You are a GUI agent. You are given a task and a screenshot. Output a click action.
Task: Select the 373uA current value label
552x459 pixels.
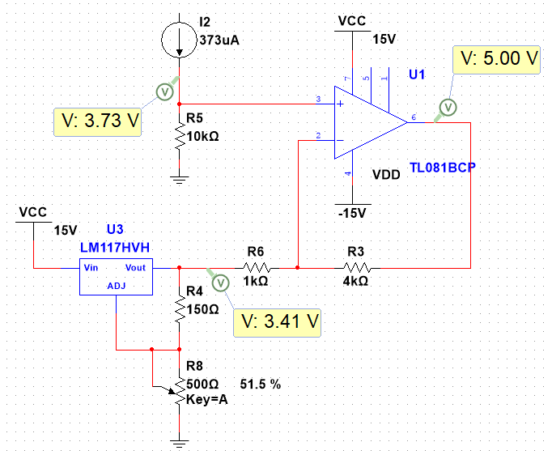[x=220, y=40]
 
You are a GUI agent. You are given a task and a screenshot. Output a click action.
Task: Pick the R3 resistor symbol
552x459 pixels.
[x=357, y=267]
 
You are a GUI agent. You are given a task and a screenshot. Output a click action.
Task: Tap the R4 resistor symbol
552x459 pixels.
[x=179, y=308]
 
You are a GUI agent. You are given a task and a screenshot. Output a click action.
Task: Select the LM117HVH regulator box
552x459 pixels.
[x=116, y=277]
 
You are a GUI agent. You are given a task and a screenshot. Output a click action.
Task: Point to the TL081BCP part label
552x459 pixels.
[x=444, y=167]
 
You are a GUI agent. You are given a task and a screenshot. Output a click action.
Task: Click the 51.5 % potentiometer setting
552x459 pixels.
[x=260, y=384]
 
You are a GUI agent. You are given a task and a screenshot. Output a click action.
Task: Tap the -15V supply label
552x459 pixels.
[x=352, y=213]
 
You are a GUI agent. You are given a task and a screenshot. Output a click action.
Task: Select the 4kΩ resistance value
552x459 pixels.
[x=356, y=281]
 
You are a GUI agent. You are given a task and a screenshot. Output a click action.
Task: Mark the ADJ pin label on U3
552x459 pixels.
[x=117, y=287]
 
